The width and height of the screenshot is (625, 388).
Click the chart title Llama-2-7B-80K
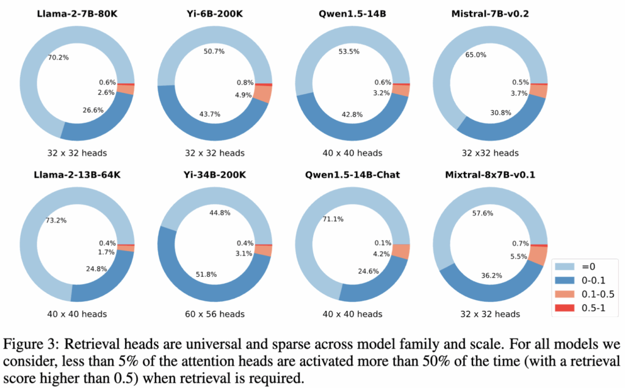[77, 13]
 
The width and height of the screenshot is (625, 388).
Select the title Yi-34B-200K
[214, 175]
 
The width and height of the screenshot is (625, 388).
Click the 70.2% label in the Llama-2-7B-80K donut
[59, 58]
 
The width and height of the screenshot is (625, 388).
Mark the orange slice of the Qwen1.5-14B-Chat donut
[401, 251]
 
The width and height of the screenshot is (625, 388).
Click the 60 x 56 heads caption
[214, 314]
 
